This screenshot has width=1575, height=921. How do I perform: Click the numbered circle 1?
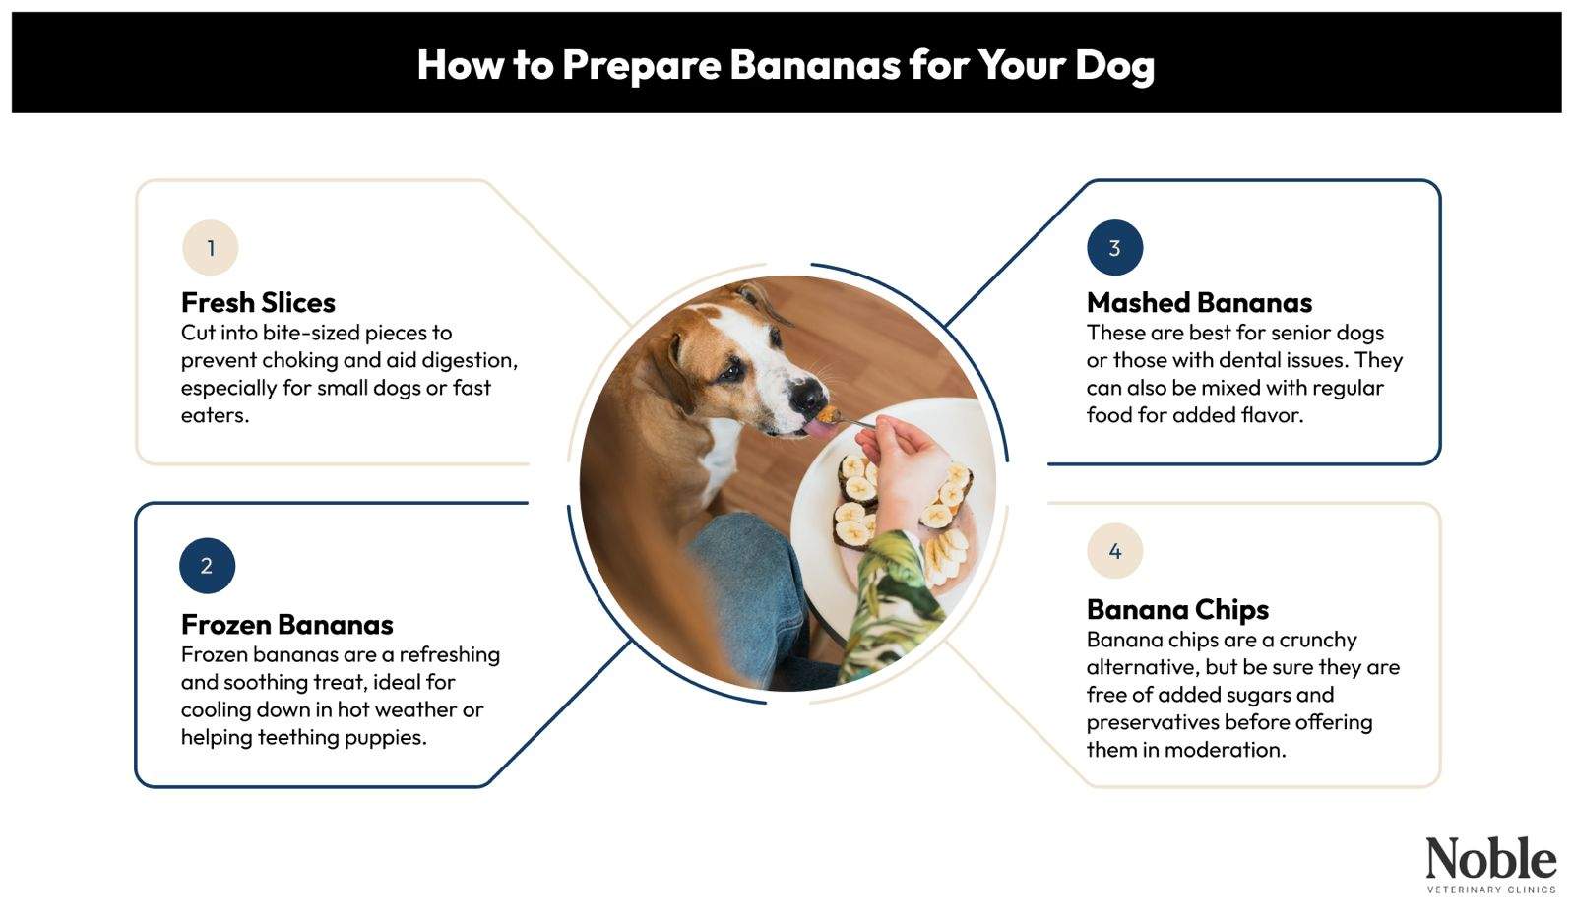pyautogui.click(x=210, y=248)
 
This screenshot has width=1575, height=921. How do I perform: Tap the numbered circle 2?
pyautogui.click(x=207, y=566)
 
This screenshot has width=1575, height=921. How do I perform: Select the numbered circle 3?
pyautogui.click(x=1114, y=248)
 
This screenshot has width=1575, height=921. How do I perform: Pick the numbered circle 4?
pyautogui.click(x=1114, y=551)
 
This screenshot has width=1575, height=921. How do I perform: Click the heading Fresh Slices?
pyautogui.click(x=258, y=302)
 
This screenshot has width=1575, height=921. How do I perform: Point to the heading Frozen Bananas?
pyautogui.click(x=286, y=624)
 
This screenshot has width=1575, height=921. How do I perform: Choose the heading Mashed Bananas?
pyautogui.click(x=1199, y=302)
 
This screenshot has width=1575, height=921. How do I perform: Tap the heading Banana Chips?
pyautogui.click(x=1177, y=609)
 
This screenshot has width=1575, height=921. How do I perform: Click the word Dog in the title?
pyautogui.click(x=1114, y=65)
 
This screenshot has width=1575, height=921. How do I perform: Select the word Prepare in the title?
pyautogui.click(x=641, y=65)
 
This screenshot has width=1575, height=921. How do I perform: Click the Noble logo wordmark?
pyautogui.click(x=1490, y=859)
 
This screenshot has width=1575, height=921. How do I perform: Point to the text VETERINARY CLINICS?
pyautogui.click(x=1490, y=890)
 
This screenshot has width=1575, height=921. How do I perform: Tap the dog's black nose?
pyautogui.click(x=807, y=396)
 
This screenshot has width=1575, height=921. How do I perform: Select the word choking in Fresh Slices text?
pyautogui.click(x=299, y=360)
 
